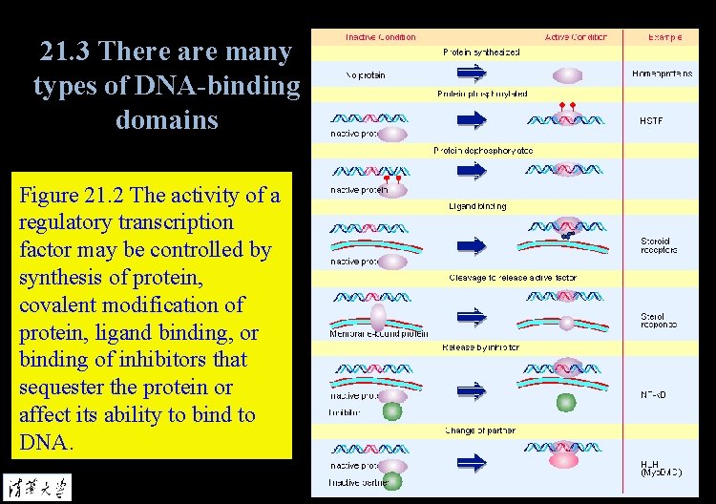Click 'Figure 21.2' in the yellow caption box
point(72,196)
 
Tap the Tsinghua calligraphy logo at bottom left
point(36,484)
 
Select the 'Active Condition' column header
point(579,37)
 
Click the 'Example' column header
point(664,37)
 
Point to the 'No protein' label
point(366,75)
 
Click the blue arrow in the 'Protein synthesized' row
point(472,74)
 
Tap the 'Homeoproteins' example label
point(662,73)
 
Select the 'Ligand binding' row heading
point(477,206)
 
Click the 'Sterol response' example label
point(659,320)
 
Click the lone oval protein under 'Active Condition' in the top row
point(567,74)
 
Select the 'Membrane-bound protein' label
point(379,334)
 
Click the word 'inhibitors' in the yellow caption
point(148,360)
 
